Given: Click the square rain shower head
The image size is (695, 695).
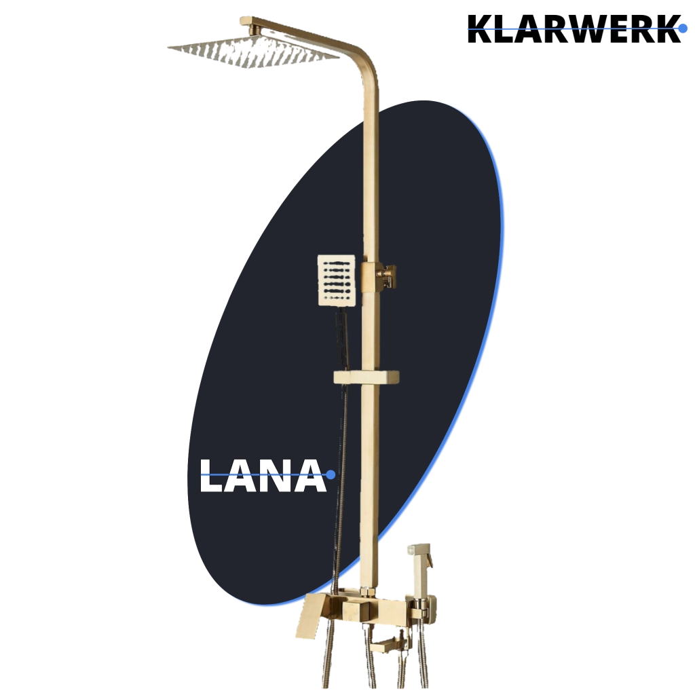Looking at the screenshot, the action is [x=253, y=52].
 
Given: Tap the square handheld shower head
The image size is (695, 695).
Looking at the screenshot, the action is [x=337, y=280].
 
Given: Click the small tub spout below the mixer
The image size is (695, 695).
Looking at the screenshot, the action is [x=385, y=645].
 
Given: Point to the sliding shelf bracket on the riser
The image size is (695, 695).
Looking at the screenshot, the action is [x=366, y=377].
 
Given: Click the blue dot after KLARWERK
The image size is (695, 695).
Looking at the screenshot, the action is [x=683, y=29].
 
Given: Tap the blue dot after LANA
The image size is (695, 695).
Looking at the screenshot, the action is [x=331, y=474].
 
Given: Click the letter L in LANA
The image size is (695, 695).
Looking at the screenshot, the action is [x=210, y=476].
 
